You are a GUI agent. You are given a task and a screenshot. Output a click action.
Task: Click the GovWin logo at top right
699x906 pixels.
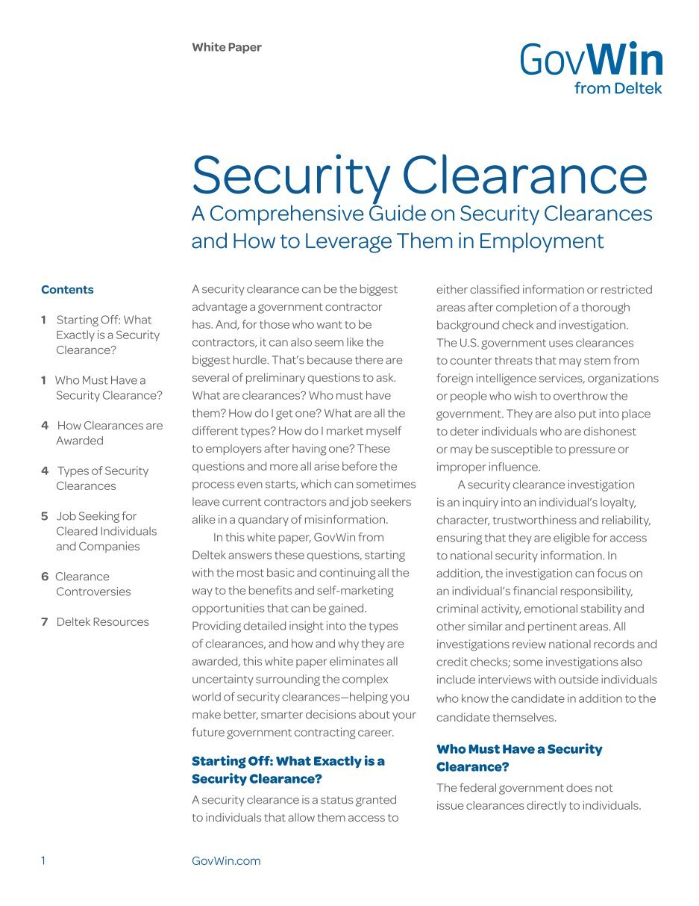click(x=591, y=60)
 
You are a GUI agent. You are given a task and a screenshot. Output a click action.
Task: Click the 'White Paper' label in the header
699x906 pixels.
click(x=227, y=48)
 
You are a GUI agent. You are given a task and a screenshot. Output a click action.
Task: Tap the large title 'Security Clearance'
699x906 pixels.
click(x=419, y=175)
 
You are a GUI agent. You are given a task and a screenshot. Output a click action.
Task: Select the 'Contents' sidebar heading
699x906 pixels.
click(x=67, y=290)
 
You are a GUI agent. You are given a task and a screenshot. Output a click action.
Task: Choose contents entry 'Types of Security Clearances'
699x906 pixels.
click(x=102, y=478)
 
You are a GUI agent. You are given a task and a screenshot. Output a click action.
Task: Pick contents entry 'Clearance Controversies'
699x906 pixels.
click(x=93, y=584)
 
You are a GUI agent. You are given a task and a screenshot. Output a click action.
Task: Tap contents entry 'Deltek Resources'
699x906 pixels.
click(x=102, y=621)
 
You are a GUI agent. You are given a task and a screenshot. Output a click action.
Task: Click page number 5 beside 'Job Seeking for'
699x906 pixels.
click(x=45, y=516)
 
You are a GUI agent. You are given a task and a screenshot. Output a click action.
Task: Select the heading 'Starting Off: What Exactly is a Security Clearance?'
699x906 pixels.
click(x=288, y=770)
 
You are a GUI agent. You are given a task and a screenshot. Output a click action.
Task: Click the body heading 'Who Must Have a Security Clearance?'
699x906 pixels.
click(x=519, y=758)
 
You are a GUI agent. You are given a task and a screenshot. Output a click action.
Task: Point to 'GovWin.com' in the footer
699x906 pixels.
click(x=226, y=860)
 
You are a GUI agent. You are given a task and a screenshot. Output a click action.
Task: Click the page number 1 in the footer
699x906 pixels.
click(x=43, y=860)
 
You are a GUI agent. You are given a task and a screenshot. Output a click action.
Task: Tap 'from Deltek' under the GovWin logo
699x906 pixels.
click(x=618, y=89)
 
